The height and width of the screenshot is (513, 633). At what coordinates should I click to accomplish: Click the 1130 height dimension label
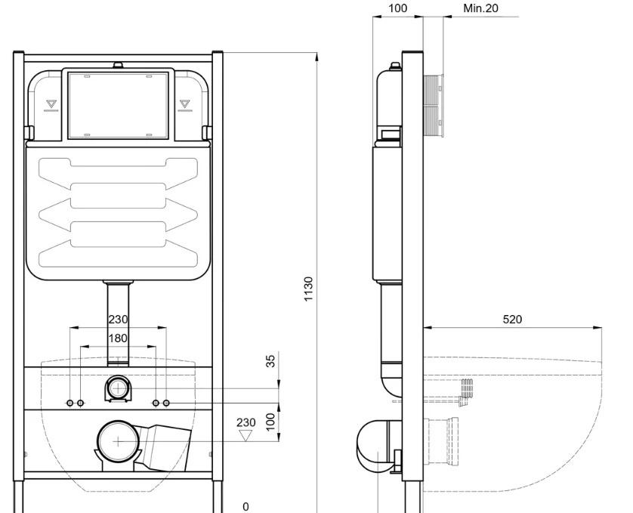pos(308,289)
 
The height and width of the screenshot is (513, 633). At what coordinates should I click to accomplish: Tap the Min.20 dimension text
pos(480,8)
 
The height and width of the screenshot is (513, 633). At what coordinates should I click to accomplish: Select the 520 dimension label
pos(512,320)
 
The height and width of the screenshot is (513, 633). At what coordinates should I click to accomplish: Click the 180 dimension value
pos(118,338)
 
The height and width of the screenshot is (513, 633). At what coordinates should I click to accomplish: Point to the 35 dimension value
pos(271,360)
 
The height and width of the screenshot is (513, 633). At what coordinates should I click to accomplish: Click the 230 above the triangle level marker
pos(245,422)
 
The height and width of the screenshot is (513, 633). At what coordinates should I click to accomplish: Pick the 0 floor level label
pos(245,506)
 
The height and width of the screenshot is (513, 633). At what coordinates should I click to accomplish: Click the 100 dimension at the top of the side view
pos(397,8)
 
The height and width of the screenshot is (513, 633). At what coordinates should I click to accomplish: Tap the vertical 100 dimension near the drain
pos(271,422)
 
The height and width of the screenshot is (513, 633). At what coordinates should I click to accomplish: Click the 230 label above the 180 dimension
pos(118,320)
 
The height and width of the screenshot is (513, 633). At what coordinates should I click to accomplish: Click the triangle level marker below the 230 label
pos(245,435)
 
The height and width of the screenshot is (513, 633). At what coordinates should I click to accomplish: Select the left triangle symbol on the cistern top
pos(51,104)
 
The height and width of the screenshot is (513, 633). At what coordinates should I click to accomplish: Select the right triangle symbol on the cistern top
pos(184,104)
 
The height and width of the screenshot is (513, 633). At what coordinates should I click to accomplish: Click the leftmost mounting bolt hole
pos(69,403)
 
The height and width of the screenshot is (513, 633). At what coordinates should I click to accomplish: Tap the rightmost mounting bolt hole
pos(166,403)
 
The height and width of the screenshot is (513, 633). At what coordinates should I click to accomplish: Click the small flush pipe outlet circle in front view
pos(118,388)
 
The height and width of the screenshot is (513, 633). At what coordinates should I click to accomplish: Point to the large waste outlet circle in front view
pos(118,441)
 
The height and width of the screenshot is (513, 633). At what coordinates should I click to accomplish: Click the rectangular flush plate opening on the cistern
pos(119,105)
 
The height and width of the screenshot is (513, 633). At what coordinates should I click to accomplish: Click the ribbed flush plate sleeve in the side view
pos(434,106)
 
